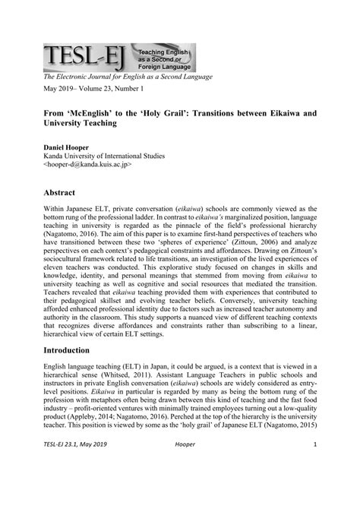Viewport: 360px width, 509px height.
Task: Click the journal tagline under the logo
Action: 128,76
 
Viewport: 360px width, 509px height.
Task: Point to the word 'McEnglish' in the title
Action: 98,112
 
